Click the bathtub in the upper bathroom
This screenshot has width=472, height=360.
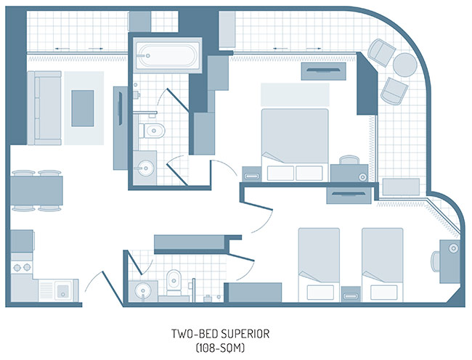(x=167, y=54)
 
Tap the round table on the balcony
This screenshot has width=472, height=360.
(x=405, y=65)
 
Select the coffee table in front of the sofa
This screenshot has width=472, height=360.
(x=83, y=108)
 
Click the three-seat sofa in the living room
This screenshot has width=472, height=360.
(x=44, y=108)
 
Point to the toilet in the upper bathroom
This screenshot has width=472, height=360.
(x=152, y=131)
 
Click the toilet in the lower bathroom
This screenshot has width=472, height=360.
(x=174, y=282)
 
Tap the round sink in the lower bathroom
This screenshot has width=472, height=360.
(x=142, y=290)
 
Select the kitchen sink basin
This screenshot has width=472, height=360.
(x=62, y=290)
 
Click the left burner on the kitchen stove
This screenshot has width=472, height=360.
(x=17, y=267)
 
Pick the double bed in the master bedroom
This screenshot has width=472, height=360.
(x=295, y=145)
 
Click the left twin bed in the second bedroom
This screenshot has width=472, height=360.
(x=319, y=265)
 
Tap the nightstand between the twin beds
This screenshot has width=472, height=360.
(x=351, y=294)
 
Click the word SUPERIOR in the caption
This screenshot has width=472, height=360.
(x=245, y=334)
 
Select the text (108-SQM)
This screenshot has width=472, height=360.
(x=220, y=348)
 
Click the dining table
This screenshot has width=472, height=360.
(x=36, y=191)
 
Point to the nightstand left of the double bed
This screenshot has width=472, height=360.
(x=252, y=174)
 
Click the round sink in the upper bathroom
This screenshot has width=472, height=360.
(x=146, y=168)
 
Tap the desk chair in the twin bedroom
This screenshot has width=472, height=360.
(x=435, y=261)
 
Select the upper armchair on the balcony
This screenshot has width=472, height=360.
(x=381, y=52)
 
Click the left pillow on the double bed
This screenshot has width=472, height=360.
(x=280, y=173)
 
